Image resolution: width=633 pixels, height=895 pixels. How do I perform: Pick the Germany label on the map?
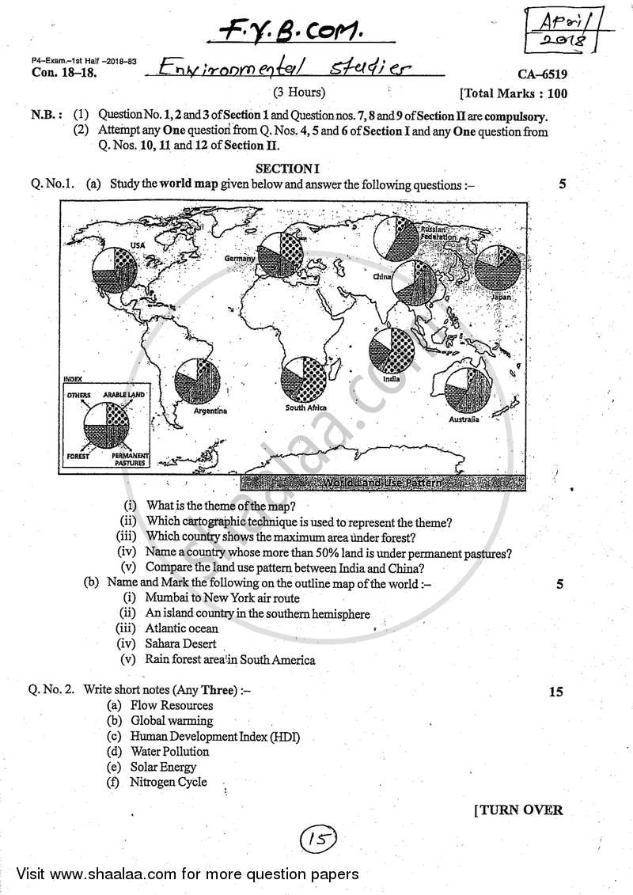240,259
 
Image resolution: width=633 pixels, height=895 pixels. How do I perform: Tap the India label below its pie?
391,379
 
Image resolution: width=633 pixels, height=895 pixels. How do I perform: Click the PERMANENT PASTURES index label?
130,460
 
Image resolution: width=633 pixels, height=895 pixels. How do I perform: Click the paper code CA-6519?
543,75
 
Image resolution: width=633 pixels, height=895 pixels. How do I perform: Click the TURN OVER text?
518,810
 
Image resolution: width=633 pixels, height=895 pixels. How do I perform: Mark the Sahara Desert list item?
180,644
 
